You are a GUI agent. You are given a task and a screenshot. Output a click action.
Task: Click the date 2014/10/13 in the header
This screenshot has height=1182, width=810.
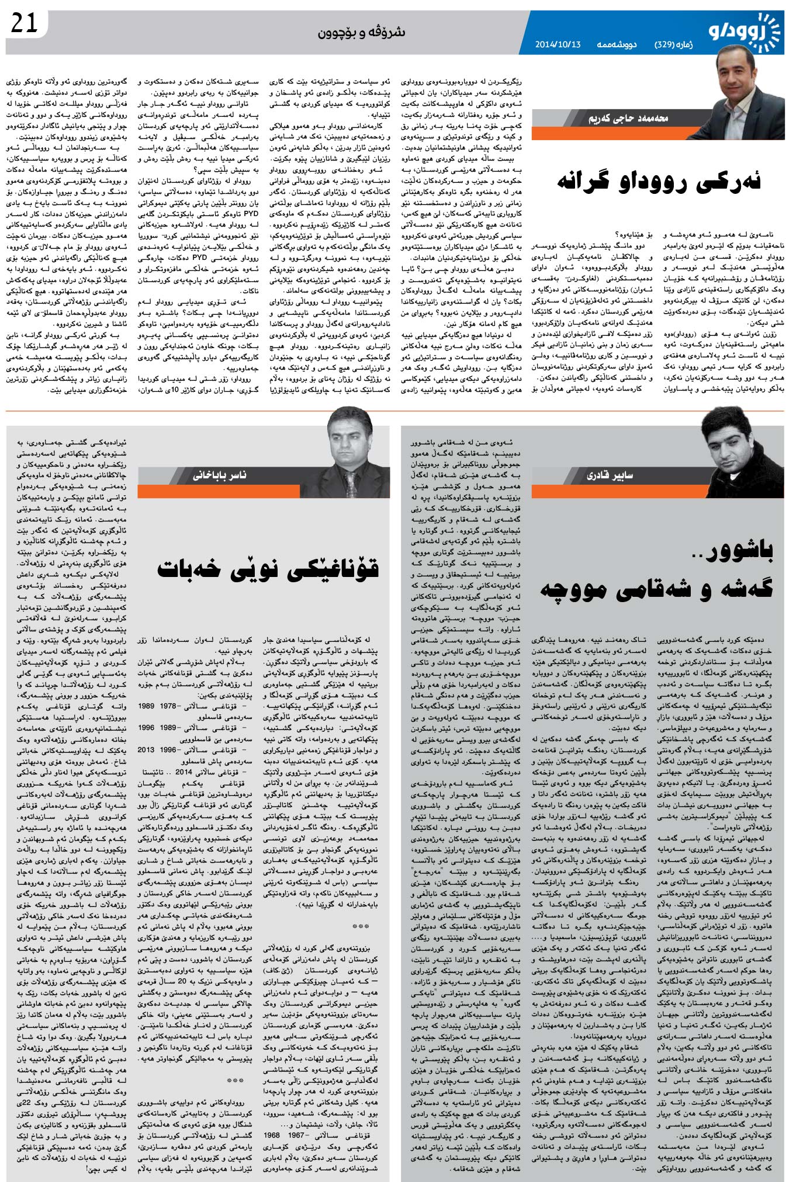click(558, 45)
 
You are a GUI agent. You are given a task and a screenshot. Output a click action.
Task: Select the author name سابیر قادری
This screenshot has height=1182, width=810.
click(611, 475)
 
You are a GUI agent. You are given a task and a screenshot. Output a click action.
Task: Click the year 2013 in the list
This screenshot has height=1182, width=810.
click(146, 750)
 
